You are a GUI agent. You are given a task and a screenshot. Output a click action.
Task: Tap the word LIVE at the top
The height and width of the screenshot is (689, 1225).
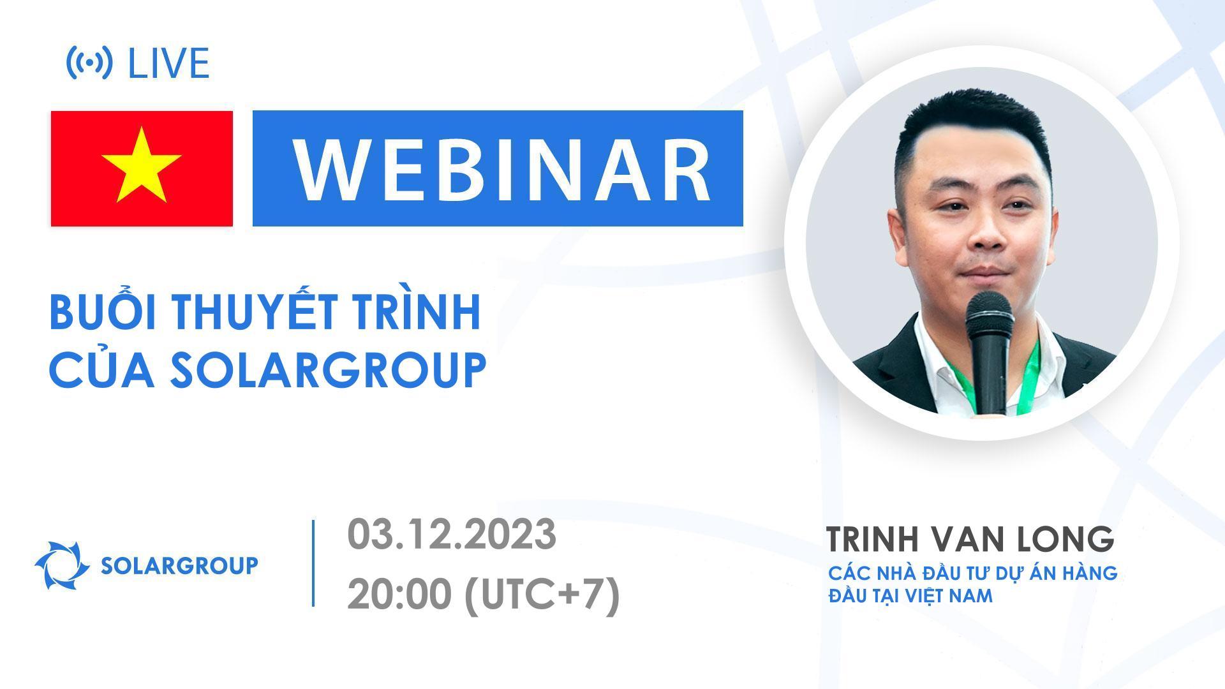(169, 63)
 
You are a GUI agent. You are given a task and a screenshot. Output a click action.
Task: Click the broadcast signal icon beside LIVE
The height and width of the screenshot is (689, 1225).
(89, 63)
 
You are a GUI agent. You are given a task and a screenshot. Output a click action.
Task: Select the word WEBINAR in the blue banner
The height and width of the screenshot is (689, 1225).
(501, 169)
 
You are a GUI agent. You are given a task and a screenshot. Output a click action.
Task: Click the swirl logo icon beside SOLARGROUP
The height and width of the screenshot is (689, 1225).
(62, 565)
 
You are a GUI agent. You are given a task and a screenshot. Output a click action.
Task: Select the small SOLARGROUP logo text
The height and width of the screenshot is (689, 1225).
(180, 565)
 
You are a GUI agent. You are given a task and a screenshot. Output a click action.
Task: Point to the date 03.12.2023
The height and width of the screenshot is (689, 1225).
(452, 535)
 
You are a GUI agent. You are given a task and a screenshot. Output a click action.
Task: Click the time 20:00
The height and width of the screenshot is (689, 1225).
(399, 596)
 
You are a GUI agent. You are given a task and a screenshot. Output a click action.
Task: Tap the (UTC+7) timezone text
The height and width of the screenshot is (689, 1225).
(542, 596)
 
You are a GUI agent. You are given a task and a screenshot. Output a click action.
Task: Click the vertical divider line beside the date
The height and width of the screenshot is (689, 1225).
(313, 563)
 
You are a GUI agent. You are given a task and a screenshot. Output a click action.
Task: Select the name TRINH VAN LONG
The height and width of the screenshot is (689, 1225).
(970, 540)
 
